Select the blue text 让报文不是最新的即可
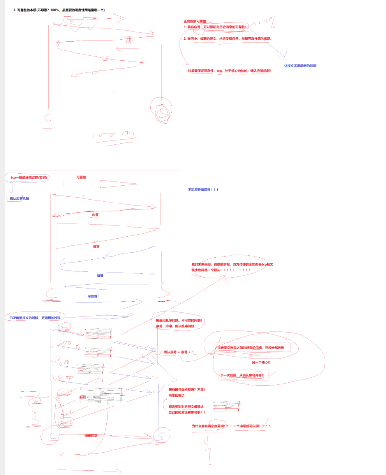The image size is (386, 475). (301, 66)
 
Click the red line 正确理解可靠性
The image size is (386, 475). (196, 21)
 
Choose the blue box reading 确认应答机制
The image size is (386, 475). (19, 199)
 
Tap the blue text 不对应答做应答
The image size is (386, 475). (203, 190)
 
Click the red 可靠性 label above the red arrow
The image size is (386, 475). (81, 177)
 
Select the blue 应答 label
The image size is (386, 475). (100, 275)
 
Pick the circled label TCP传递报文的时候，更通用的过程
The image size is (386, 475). (35, 318)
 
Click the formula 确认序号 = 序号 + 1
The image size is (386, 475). (179, 352)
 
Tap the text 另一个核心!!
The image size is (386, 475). (261, 362)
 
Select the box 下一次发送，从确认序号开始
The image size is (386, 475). (241, 376)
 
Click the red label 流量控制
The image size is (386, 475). (91, 435)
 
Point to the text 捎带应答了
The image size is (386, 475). (176, 395)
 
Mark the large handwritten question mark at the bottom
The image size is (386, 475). (209, 452)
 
